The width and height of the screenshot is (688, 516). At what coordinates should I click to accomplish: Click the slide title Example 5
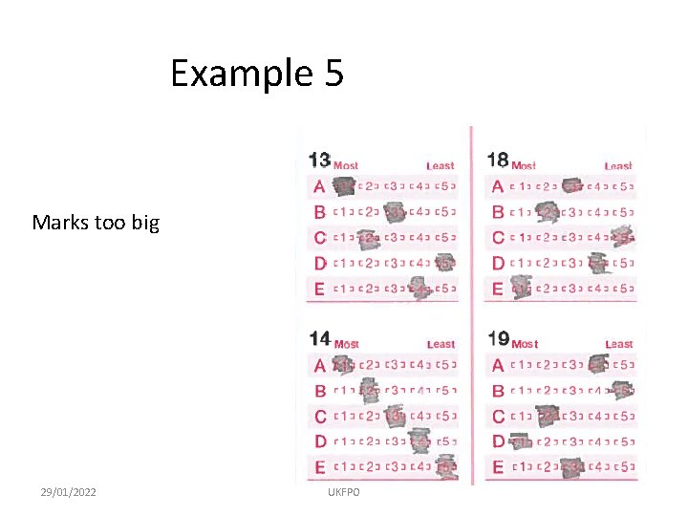[256, 74]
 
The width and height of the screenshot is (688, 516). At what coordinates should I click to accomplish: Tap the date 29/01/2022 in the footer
[68, 491]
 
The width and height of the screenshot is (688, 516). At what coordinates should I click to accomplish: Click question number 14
[320, 338]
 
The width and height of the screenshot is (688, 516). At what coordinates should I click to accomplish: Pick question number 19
[497, 339]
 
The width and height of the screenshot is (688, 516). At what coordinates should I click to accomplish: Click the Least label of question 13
[441, 166]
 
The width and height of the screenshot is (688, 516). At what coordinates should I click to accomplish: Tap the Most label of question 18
[525, 165]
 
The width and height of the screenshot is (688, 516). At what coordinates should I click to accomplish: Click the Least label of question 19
[618, 344]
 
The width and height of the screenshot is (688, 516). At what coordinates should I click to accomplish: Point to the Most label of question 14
[347, 344]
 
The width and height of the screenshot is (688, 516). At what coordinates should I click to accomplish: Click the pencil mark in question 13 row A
[342, 186]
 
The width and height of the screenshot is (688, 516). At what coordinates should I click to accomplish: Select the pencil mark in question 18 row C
[623, 235]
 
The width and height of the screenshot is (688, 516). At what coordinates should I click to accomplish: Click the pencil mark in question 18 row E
[521, 286]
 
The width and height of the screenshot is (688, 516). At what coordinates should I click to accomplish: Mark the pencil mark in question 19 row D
[521, 441]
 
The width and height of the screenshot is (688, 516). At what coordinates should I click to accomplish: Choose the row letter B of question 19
[498, 390]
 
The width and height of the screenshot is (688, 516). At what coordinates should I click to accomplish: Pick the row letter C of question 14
[320, 416]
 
